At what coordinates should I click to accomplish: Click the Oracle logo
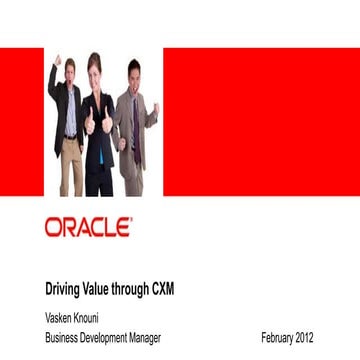(88, 227)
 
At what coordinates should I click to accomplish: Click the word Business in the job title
(63, 337)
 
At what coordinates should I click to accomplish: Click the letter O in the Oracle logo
(54, 227)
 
